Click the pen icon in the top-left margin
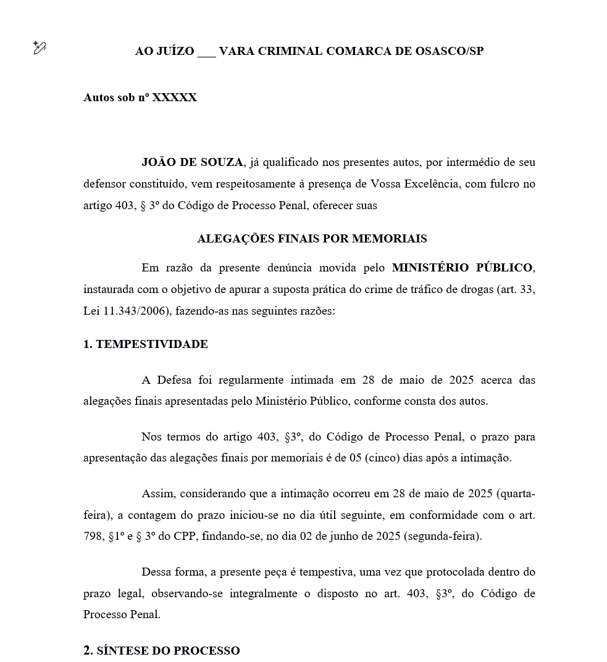pos(40,48)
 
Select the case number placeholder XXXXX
pos(175,97)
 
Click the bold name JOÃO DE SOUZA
pos(192,162)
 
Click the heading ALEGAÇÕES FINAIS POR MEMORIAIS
pos(312,238)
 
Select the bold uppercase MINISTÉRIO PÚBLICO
pos(462,268)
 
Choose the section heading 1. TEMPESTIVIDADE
pos(146,344)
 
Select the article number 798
pos(93,536)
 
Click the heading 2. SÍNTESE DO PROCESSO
pos(162,651)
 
